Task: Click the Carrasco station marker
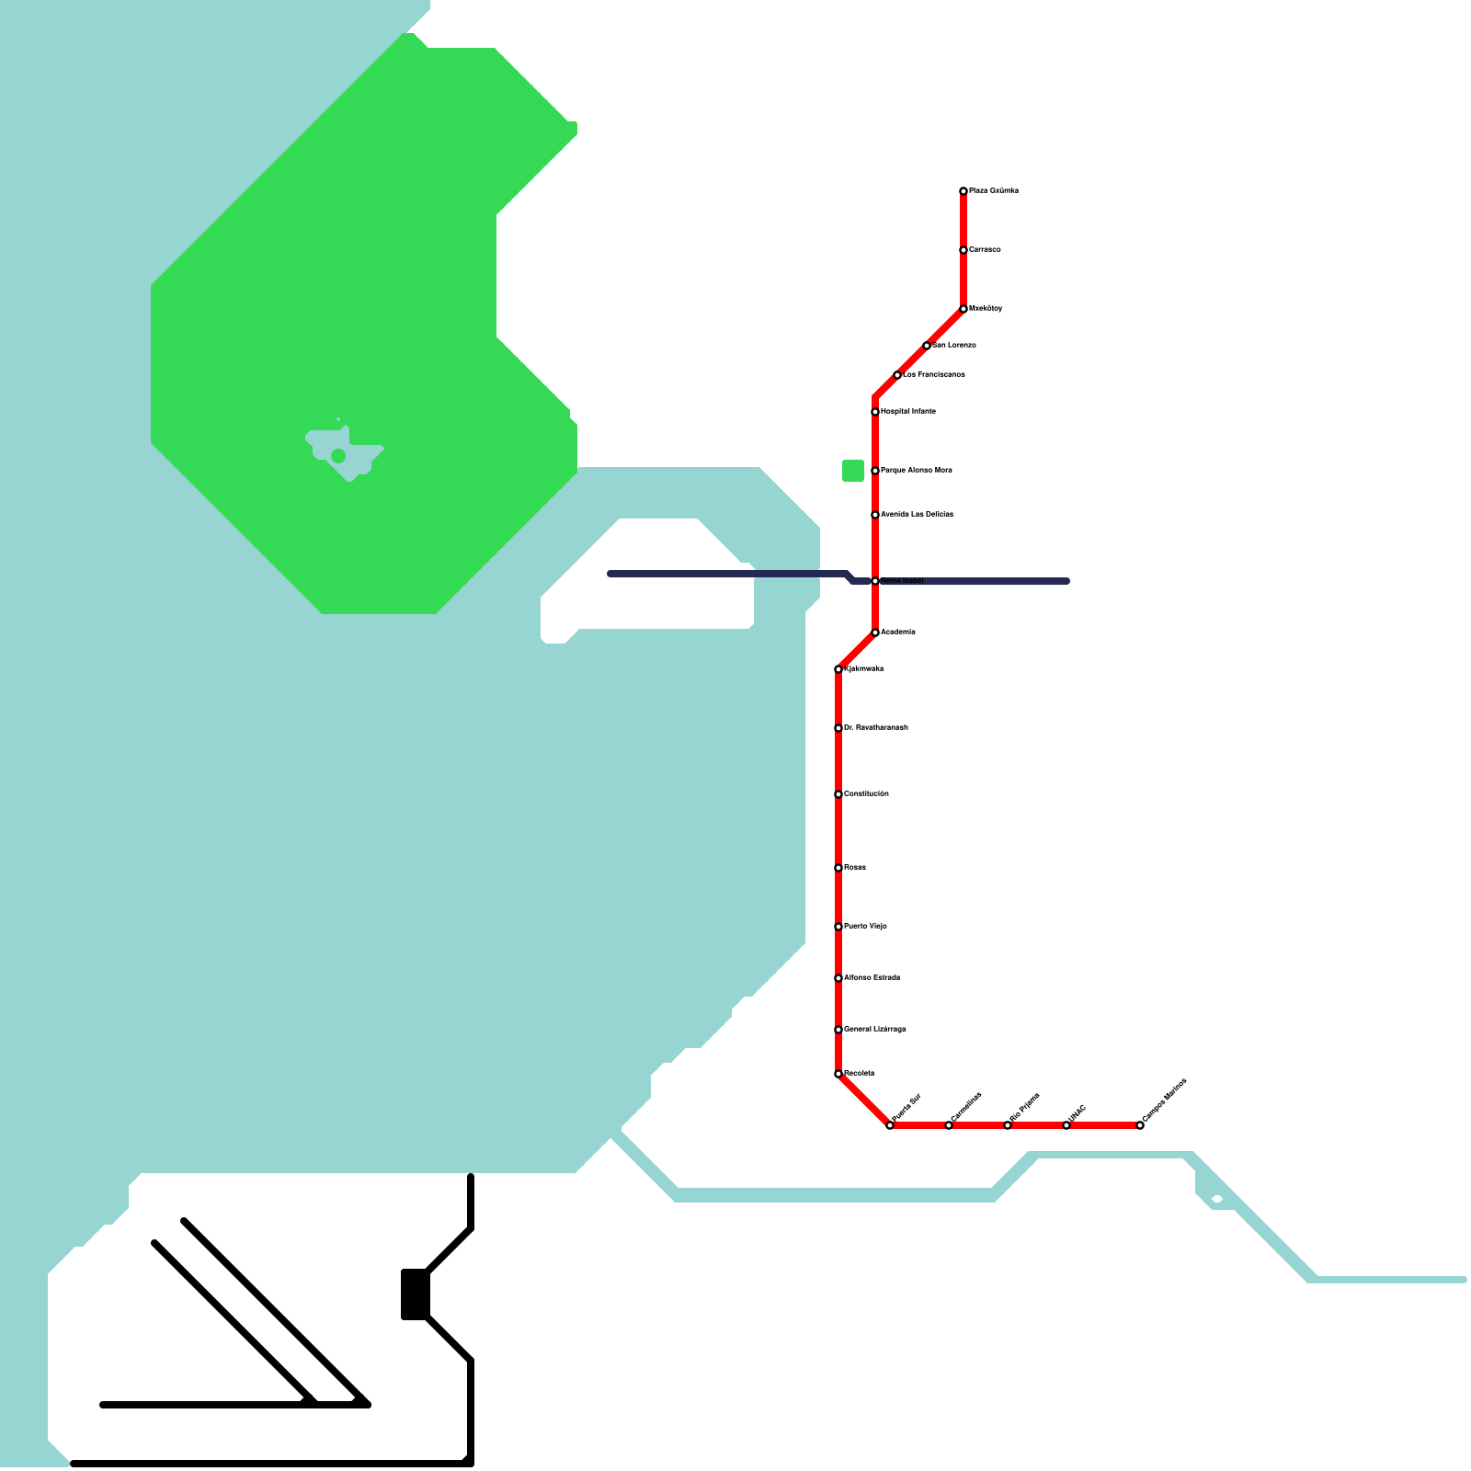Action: [964, 250]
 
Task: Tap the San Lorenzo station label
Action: [954, 346]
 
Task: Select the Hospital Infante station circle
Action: [875, 412]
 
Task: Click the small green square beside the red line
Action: [853, 471]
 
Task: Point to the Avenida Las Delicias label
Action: [917, 515]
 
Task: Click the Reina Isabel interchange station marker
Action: [875, 581]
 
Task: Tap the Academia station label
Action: [897, 633]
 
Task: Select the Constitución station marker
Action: [838, 794]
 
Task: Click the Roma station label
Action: [855, 868]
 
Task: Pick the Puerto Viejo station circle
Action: [838, 927]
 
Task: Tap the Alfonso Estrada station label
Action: [872, 978]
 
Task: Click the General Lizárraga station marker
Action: [838, 1030]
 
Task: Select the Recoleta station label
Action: [859, 1074]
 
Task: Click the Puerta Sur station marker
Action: [890, 1125]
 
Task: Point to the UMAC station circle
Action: [1066, 1125]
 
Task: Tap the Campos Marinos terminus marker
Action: [1140, 1125]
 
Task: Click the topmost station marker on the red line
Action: [964, 191]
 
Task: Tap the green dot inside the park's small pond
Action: [338, 456]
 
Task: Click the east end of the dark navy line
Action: [1066, 581]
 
